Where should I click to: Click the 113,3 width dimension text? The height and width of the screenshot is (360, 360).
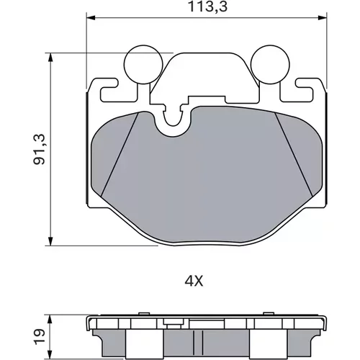pos(207,6)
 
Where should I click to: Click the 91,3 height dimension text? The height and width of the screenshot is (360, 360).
pos(39,149)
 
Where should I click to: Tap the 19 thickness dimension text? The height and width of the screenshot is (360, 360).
pos(39,337)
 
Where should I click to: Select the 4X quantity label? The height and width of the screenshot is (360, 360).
pos(194,282)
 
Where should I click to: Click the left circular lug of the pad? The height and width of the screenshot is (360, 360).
pos(143,64)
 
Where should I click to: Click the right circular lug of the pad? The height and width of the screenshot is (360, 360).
pos(270,64)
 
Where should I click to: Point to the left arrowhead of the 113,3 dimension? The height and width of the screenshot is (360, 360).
pos(91,18)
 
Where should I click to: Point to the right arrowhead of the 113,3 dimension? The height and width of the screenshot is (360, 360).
pos(322,18)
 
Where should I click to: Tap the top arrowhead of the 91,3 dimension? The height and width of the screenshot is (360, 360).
pos(50,58)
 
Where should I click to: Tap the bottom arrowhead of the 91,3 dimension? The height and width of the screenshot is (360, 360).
pos(50,241)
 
